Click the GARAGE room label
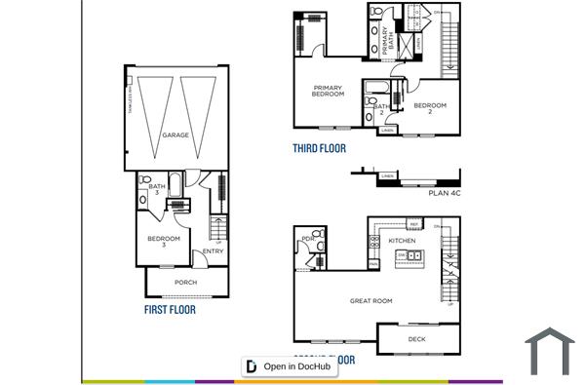coord(175,135)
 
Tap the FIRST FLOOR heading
coord(170,310)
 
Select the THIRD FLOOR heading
coord(319,149)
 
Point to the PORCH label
coord(185,283)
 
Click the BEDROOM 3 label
coord(164,242)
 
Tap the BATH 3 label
coord(157,189)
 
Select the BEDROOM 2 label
coord(429,108)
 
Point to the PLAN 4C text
coord(444,193)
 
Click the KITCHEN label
coord(402,240)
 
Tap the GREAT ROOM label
coord(370,301)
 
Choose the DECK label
coord(417,339)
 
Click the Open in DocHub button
coord(290,366)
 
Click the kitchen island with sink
coord(409,256)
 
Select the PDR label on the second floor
coord(307,239)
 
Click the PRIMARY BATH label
coord(386,43)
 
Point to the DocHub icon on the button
coord(252,366)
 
